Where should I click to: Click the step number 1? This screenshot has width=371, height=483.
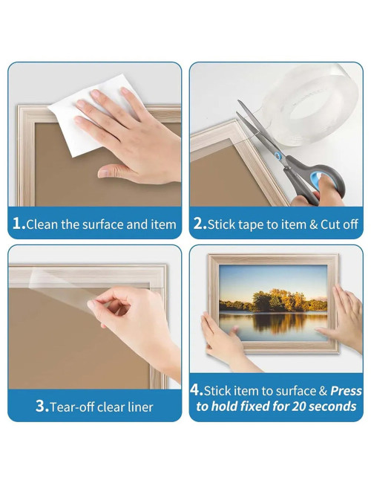[x=18, y=224]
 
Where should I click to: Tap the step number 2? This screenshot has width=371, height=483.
[x=198, y=224]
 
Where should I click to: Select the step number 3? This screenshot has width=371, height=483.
[x=42, y=406]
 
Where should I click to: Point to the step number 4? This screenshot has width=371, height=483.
[x=196, y=391]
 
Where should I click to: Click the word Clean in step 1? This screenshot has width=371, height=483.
[x=43, y=224]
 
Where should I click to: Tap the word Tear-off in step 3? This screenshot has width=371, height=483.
[x=76, y=406]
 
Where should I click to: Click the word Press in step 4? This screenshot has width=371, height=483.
[x=346, y=391]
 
